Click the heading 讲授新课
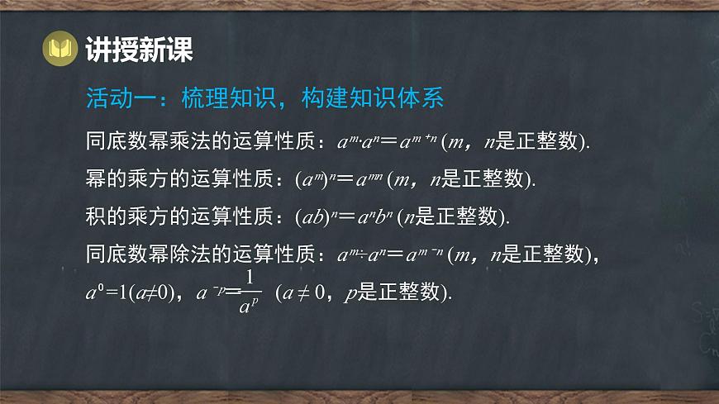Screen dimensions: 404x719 [139, 50]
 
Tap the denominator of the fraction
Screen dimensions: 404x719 [245, 307]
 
